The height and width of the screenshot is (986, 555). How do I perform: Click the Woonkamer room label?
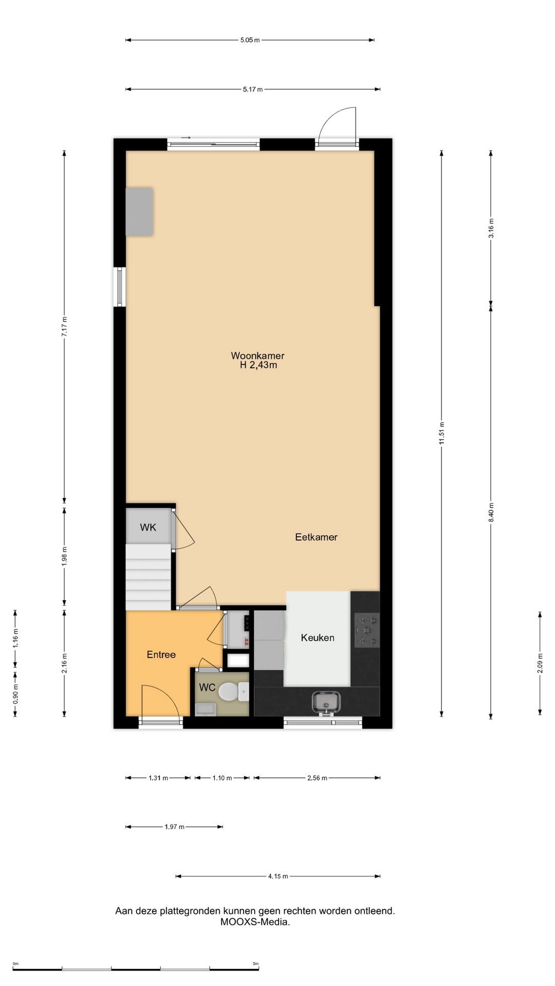point(257,355)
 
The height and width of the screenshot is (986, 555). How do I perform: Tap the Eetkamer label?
point(316,537)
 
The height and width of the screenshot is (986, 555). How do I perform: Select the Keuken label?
point(318,638)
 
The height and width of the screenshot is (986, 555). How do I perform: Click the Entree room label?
point(161,655)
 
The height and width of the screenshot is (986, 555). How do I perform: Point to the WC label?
point(207,688)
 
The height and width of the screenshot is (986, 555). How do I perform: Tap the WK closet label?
point(148,527)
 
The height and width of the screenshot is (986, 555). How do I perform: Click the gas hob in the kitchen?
point(367,630)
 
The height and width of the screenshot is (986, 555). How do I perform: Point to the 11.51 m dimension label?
point(441,433)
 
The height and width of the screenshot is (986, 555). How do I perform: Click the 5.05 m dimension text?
point(250,40)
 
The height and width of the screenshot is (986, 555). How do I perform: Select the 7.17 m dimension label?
point(64,327)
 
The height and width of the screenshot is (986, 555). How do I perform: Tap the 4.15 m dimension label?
point(278,876)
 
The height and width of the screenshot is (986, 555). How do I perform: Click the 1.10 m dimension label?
point(222,778)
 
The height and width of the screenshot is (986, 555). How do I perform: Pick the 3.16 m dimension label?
point(491,228)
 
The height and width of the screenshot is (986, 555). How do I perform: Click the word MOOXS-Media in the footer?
point(255,922)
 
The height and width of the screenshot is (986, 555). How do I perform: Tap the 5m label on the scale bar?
point(255,963)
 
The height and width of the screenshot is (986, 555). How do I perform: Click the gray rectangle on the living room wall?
point(139,212)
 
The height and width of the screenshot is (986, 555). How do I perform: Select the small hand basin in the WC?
point(206,709)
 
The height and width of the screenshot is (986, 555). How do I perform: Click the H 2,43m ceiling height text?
point(258,365)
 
